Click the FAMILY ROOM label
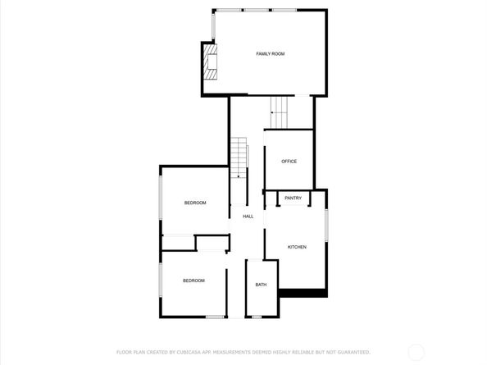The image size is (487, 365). tap(270, 53)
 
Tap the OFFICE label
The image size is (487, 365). tap(289, 161)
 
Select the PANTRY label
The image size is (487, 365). tap(293, 198)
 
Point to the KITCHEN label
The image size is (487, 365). tap(297, 247)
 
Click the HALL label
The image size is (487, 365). tap(248, 216)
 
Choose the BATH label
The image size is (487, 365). tap(261, 285)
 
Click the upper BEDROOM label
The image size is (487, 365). tap(194, 203)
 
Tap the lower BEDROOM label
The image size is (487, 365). tap(193, 281)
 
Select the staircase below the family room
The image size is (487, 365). tap(281, 111)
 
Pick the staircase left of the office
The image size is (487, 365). tap(239, 157)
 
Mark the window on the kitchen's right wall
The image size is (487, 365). tap(326, 226)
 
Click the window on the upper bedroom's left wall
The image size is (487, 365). tap(161, 203)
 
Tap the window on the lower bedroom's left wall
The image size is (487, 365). tap(161, 279)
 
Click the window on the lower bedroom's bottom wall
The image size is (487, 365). tap(215, 317)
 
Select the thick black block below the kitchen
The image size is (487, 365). tap(303, 292)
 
